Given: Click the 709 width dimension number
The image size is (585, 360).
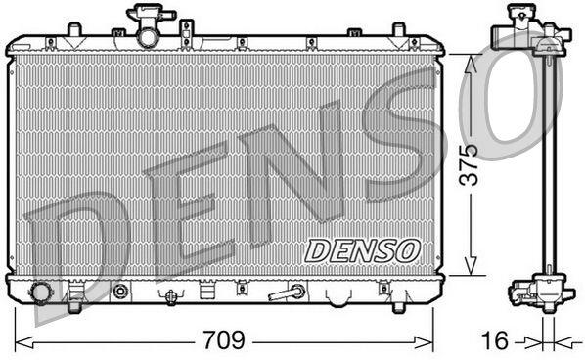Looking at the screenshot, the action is tap(223, 340).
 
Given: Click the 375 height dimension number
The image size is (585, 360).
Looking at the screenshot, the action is tap(469, 164).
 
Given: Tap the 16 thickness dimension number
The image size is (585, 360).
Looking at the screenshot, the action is tap(495, 340).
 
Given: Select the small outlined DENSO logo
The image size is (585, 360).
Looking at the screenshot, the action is tap(362, 250).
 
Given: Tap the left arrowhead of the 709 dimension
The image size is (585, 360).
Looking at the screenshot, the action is tap(23, 342).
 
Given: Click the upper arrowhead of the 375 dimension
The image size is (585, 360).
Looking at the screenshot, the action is tap(471, 64).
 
